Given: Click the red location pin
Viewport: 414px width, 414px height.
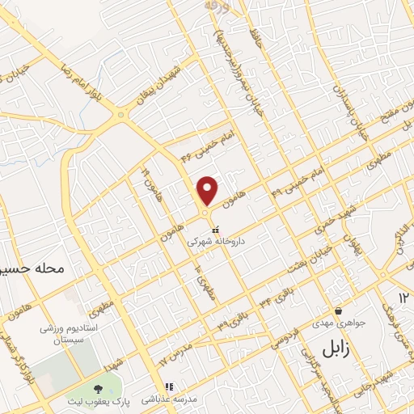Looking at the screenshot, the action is coord(208,191).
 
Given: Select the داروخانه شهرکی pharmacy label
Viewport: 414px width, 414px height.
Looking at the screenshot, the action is coord(213,241).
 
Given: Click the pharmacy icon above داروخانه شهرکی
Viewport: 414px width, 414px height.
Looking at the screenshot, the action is coord(214,230).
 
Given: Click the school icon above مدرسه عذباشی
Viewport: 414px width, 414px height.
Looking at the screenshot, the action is coord(168,387).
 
